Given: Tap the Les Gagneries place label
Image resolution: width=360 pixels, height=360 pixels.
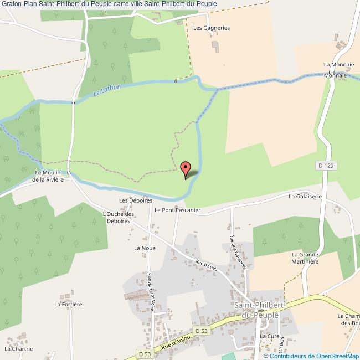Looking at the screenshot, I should coord(211,27).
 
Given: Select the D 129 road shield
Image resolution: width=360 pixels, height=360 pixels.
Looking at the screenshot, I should coord(327,166).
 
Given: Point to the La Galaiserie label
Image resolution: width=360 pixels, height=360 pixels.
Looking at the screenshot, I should coord(305,196).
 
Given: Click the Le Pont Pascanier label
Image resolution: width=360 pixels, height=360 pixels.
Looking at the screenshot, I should coord(177,210).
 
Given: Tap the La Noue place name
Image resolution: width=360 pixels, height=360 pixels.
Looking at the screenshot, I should coord(144,249).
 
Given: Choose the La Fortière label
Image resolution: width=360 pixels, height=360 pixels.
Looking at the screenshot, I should coord(68,304).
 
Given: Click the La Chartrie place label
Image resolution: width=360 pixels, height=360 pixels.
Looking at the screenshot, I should coord(19,349).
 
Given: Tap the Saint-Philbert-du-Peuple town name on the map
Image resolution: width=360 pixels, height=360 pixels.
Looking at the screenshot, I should coord(259,310).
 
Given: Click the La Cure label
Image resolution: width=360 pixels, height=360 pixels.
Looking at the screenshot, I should coord(269,336).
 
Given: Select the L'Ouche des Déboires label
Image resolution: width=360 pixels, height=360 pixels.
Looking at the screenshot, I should coord(119,218).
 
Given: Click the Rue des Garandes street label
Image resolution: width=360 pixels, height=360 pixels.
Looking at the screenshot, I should coord(239,252).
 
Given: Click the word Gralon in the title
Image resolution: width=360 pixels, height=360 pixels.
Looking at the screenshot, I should coord(11,3).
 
